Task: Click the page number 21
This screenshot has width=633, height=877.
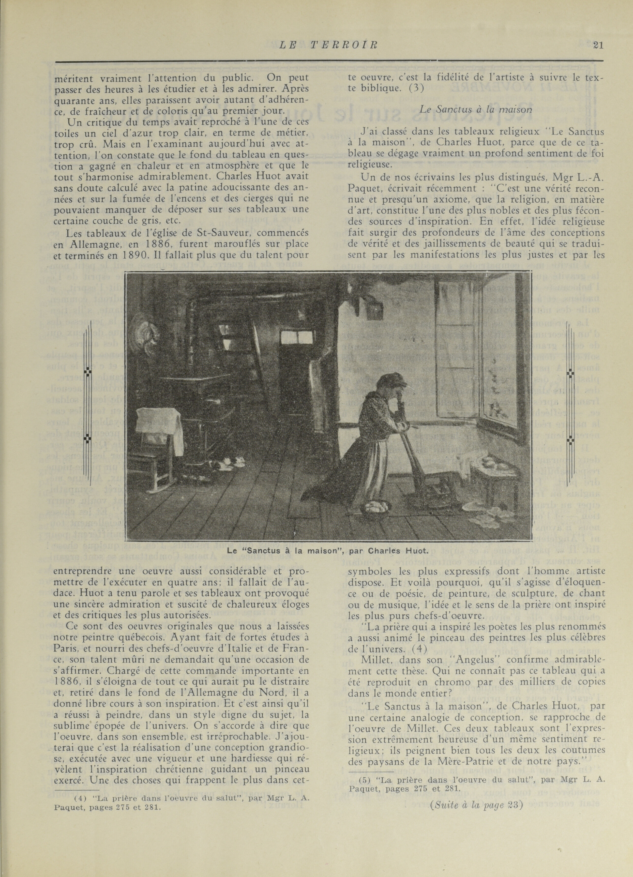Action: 598,45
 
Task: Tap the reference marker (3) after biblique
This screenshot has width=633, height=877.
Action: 416,88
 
